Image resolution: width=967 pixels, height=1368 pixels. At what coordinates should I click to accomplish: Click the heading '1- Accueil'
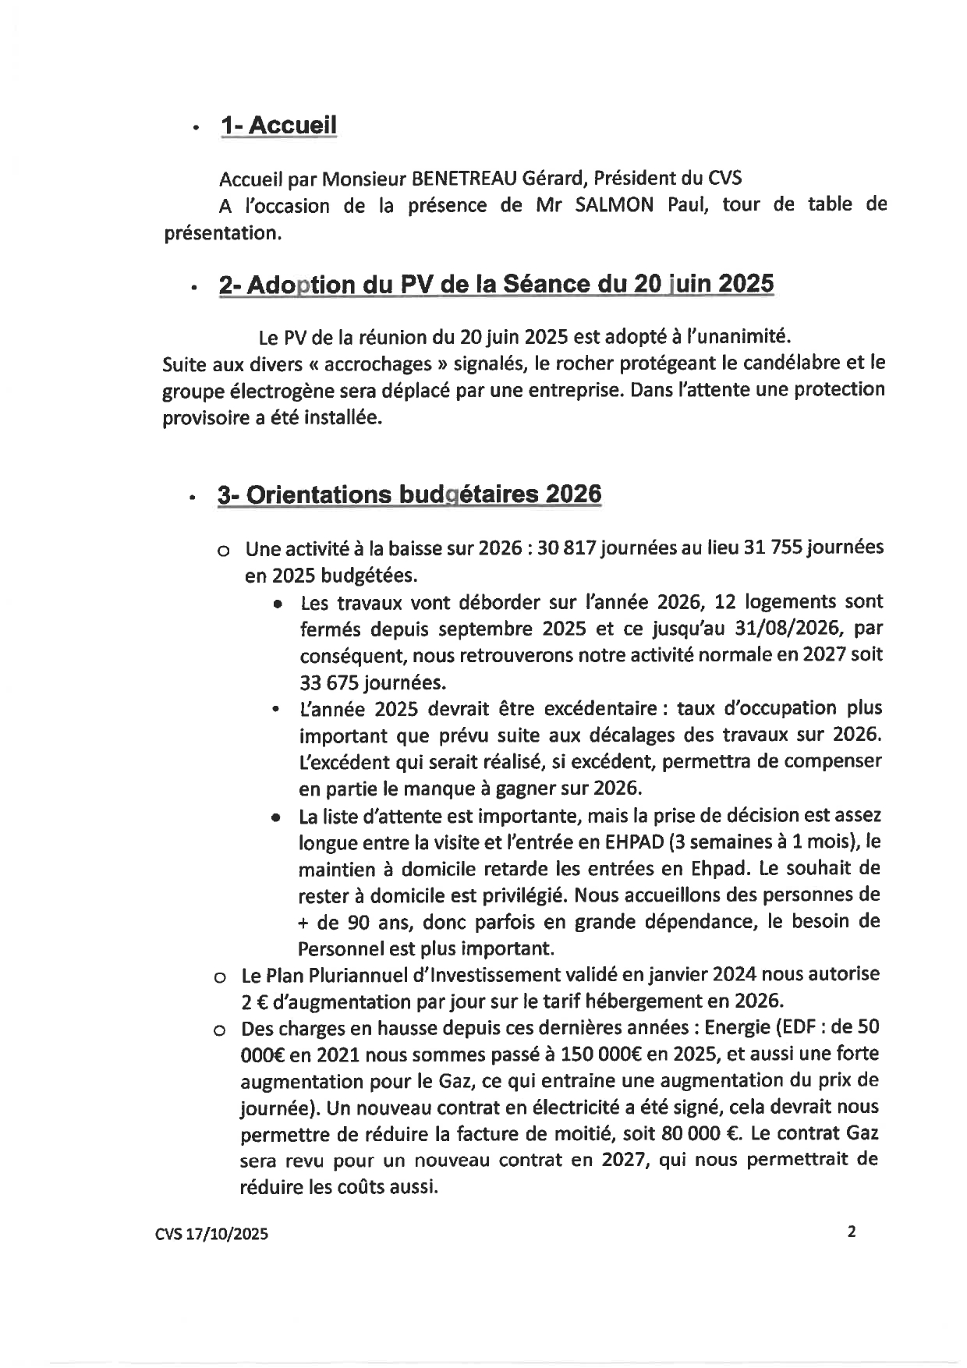(278, 126)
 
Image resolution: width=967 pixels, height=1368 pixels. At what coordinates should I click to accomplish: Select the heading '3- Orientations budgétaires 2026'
(409, 494)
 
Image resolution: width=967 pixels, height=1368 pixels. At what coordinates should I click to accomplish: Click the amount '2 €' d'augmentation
(255, 1001)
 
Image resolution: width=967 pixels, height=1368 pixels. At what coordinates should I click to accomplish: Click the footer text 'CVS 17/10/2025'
(211, 1234)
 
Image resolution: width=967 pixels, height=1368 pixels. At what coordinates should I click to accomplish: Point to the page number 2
(851, 1232)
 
